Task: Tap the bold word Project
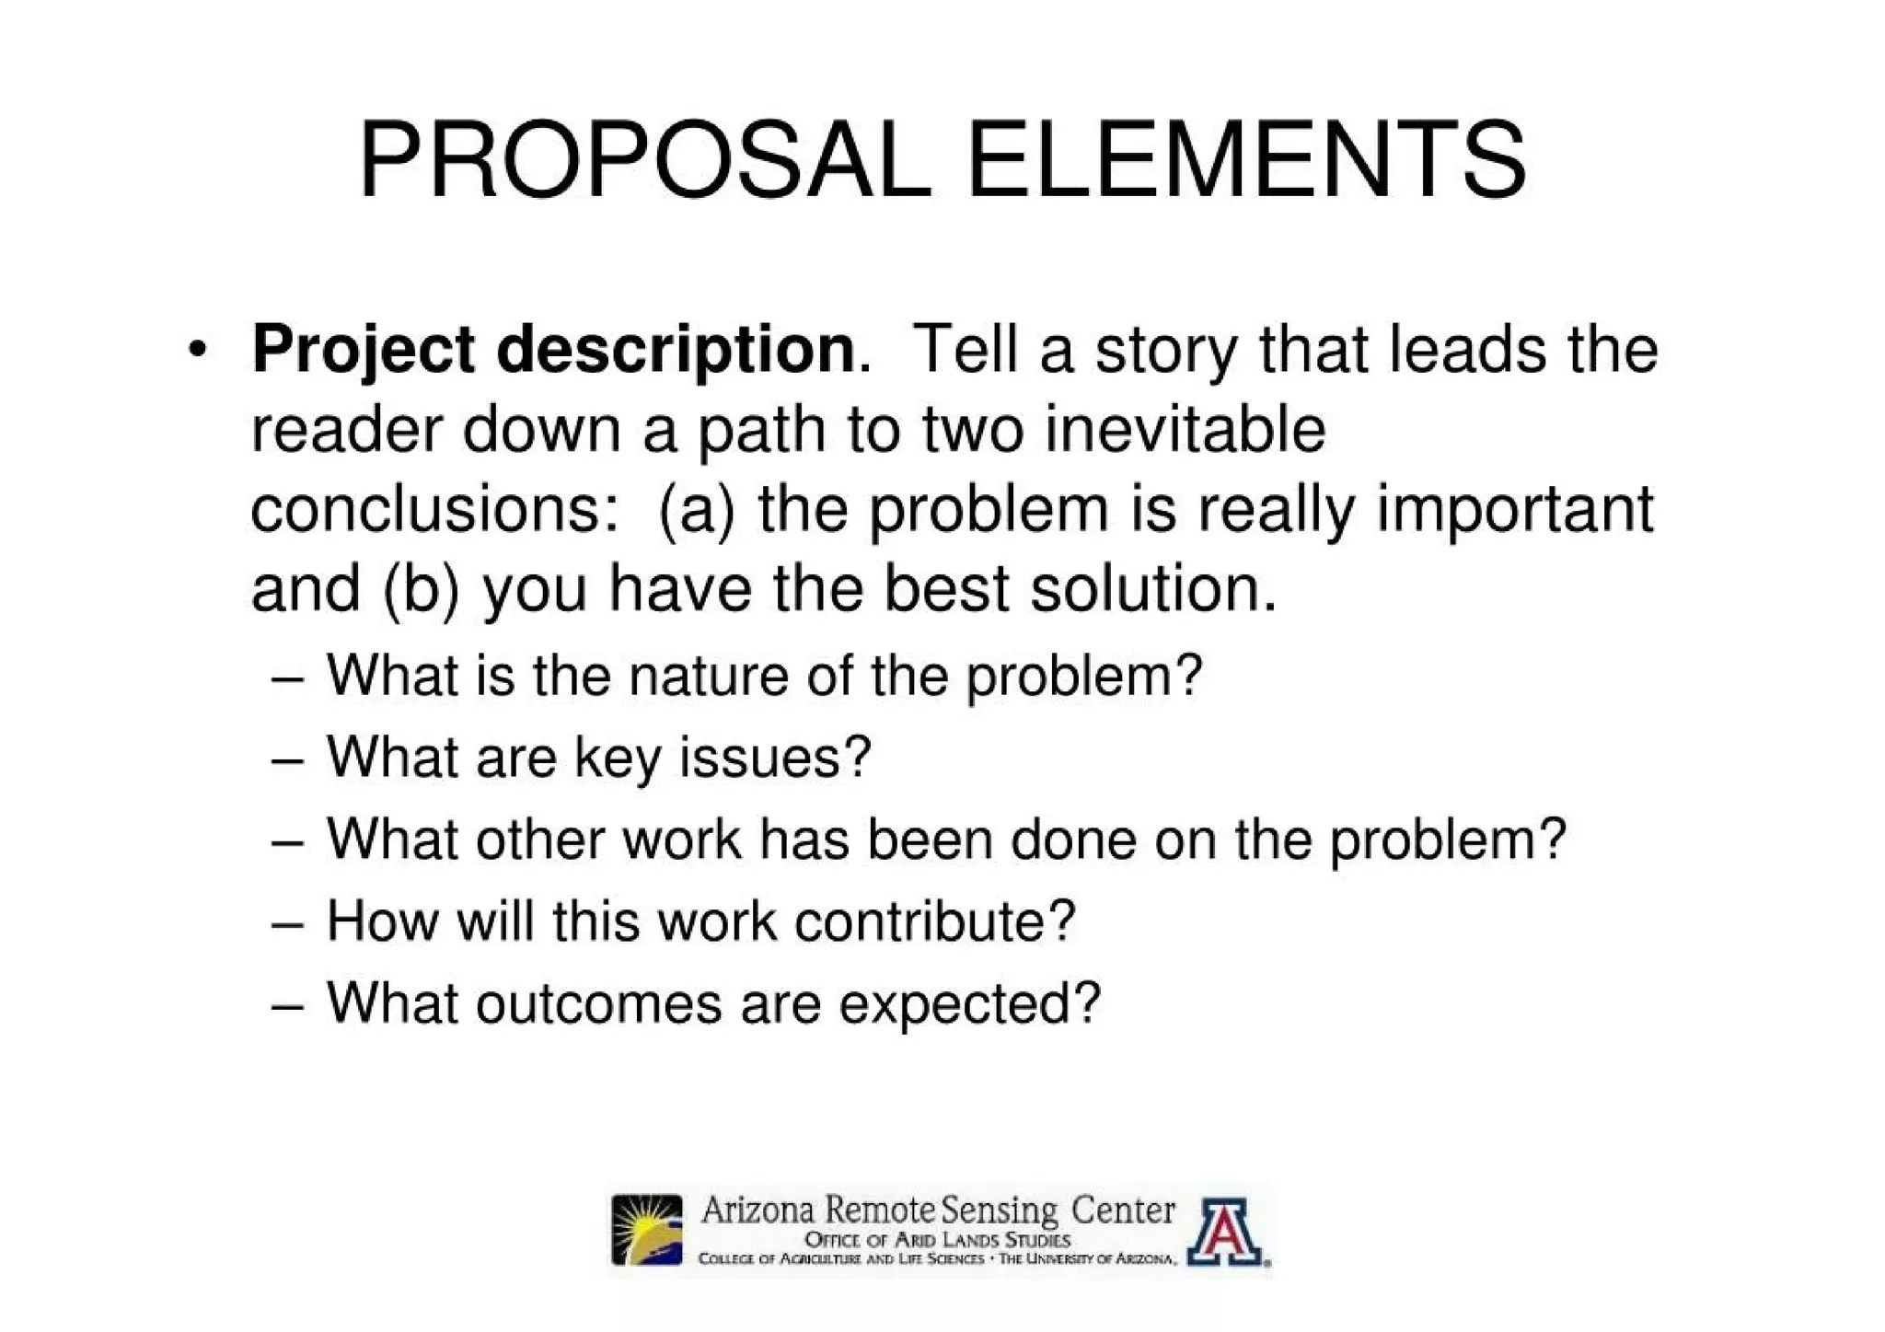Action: click(364, 351)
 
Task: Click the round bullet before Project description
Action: click(195, 352)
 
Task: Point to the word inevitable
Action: click(1185, 429)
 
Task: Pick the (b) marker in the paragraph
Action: click(420, 590)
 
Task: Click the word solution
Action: click(1153, 589)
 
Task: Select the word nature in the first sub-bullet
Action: click(709, 677)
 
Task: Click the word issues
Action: click(773, 758)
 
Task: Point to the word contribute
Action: click(934, 921)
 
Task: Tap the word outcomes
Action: click(598, 1002)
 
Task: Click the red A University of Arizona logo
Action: click(1224, 1232)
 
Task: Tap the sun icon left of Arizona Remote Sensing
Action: click(648, 1230)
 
